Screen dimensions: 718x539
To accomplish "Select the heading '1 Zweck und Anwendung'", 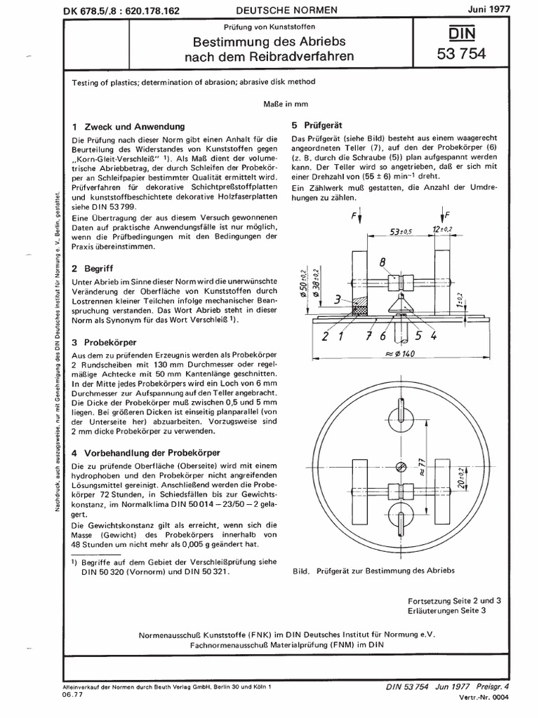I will tap(128, 127).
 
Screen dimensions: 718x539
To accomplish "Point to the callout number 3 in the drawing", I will tap(338, 299).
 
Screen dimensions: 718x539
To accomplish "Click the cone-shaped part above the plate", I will tap(401, 306).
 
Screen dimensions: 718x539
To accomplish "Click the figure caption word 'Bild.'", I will tap(302, 570).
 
